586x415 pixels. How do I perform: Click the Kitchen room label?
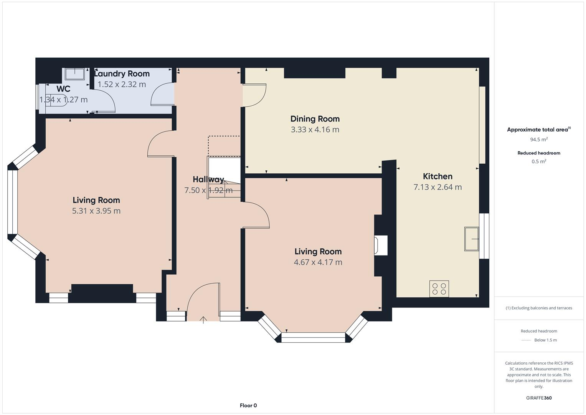[437, 176]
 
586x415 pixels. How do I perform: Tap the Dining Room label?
[315, 119]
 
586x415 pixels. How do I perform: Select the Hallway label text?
[208, 179]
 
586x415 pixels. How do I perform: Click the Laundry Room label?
[122, 74]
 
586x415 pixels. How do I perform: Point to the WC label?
[63, 89]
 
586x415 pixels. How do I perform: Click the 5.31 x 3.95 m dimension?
[96, 211]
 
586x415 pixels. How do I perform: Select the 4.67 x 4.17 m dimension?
[318, 262]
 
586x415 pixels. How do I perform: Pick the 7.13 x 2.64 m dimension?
[437, 187]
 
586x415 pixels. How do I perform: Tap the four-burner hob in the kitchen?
[439, 289]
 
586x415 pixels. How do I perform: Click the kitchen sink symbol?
[472, 239]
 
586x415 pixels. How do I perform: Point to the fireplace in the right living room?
[381, 245]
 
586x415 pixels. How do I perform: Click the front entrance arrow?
[203, 320]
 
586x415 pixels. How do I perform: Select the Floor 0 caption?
[248, 405]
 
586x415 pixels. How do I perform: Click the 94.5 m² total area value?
[539, 139]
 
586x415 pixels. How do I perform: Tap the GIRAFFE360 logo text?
[539, 398]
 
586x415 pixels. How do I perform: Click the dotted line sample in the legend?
[526, 340]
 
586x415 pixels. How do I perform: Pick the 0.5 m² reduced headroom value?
[539, 161]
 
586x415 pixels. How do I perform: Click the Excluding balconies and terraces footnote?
[539, 308]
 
